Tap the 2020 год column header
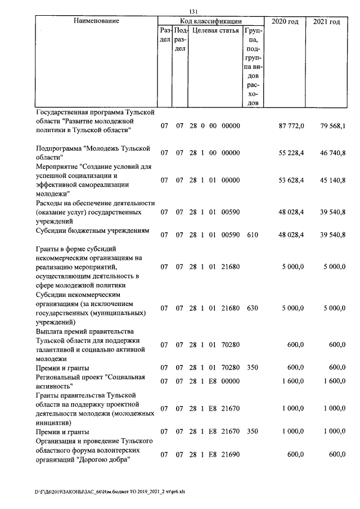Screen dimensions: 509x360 285,21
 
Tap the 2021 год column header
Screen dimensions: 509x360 327,21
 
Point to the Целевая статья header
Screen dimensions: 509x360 215,30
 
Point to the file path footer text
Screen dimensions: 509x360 113,490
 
